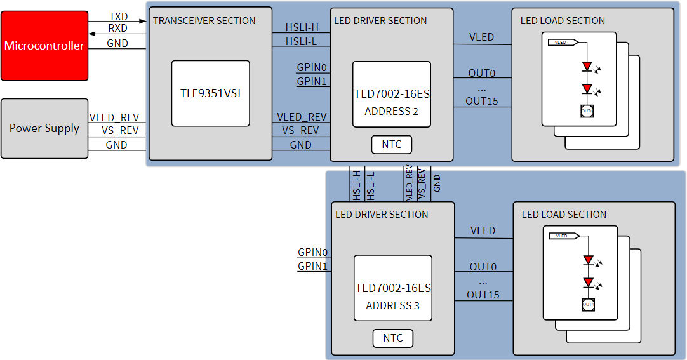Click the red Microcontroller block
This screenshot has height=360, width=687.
(44, 46)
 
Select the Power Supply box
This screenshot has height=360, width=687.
(44, 128)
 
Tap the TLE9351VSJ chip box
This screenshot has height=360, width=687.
(210, 93)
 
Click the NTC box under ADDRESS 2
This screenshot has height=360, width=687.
(392, 145)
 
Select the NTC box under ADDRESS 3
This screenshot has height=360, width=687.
(392, 338)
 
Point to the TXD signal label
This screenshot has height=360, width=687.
(118, 17)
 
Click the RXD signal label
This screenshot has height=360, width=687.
(118, 28)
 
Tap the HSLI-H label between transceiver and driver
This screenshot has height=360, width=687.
(301, 27)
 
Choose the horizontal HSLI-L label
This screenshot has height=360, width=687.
(301, 41)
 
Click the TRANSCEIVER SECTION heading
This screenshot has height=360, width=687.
(204, 21)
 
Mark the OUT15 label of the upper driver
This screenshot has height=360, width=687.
(482, 101)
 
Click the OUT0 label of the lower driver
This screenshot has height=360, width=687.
(483, 267)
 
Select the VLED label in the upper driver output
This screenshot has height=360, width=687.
(481, 37)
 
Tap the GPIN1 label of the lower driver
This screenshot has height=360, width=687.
(312, 267)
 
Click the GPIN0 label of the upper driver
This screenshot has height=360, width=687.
(311, 67)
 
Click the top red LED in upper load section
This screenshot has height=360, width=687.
(587, 66)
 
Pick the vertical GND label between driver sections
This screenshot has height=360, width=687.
(437, 184)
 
